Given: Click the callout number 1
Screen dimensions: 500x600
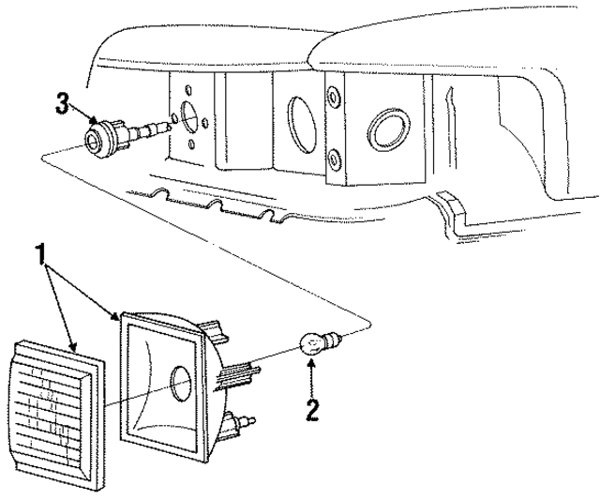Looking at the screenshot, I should pos(40,252).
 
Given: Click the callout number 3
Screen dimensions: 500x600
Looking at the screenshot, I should pos(63,103).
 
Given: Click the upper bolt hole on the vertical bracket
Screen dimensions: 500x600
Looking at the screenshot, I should pos(333,96).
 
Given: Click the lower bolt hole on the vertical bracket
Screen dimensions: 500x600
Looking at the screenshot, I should pos(334,156).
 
